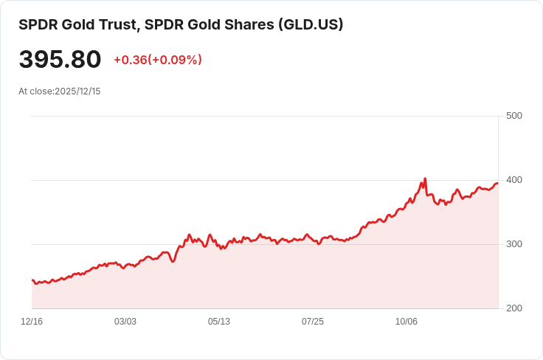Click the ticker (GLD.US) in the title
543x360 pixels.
tap(311, 25)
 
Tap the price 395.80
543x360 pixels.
tap(60, 60)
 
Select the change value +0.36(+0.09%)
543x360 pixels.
tap(158, 60)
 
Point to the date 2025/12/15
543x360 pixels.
tap(77, 91)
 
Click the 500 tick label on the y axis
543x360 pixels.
tap(513, 116)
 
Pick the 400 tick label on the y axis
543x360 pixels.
tap(513, 180)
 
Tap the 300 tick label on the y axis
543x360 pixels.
tap(513, 244)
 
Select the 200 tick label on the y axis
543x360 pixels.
tap(513, 308)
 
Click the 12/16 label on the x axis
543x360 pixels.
tap(32, 322)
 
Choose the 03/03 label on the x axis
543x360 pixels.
tap(125, 322)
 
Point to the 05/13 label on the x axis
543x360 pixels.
tap(219, 322)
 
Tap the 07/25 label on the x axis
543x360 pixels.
tap(313, 322)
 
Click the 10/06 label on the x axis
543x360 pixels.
tap(407, 322)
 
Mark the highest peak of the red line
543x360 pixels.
tap(425, 179)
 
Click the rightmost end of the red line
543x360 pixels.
tap(497, 183)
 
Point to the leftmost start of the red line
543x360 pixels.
tap(32, 280)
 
